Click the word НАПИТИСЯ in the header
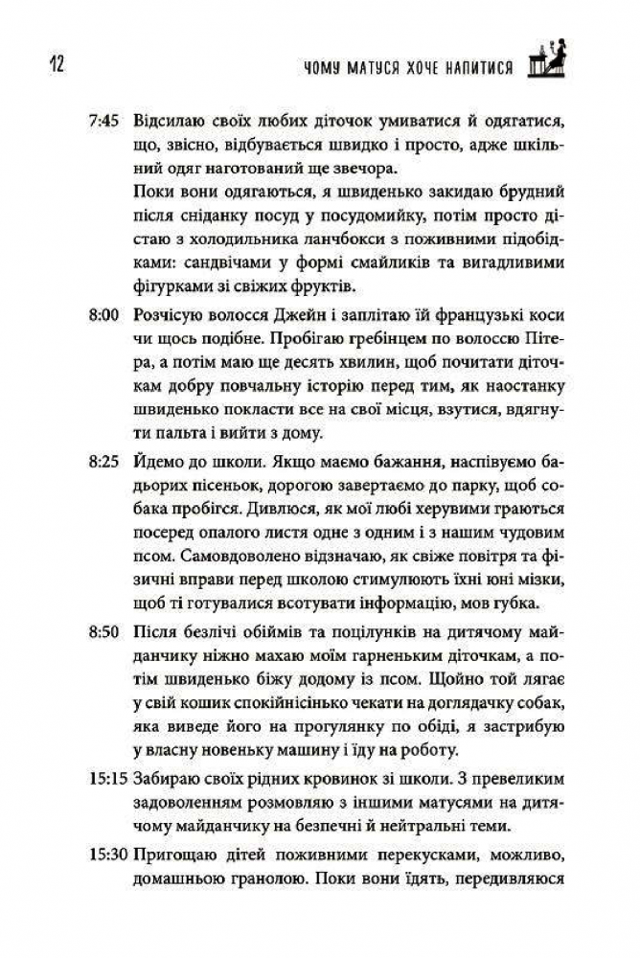click(474, 69)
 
